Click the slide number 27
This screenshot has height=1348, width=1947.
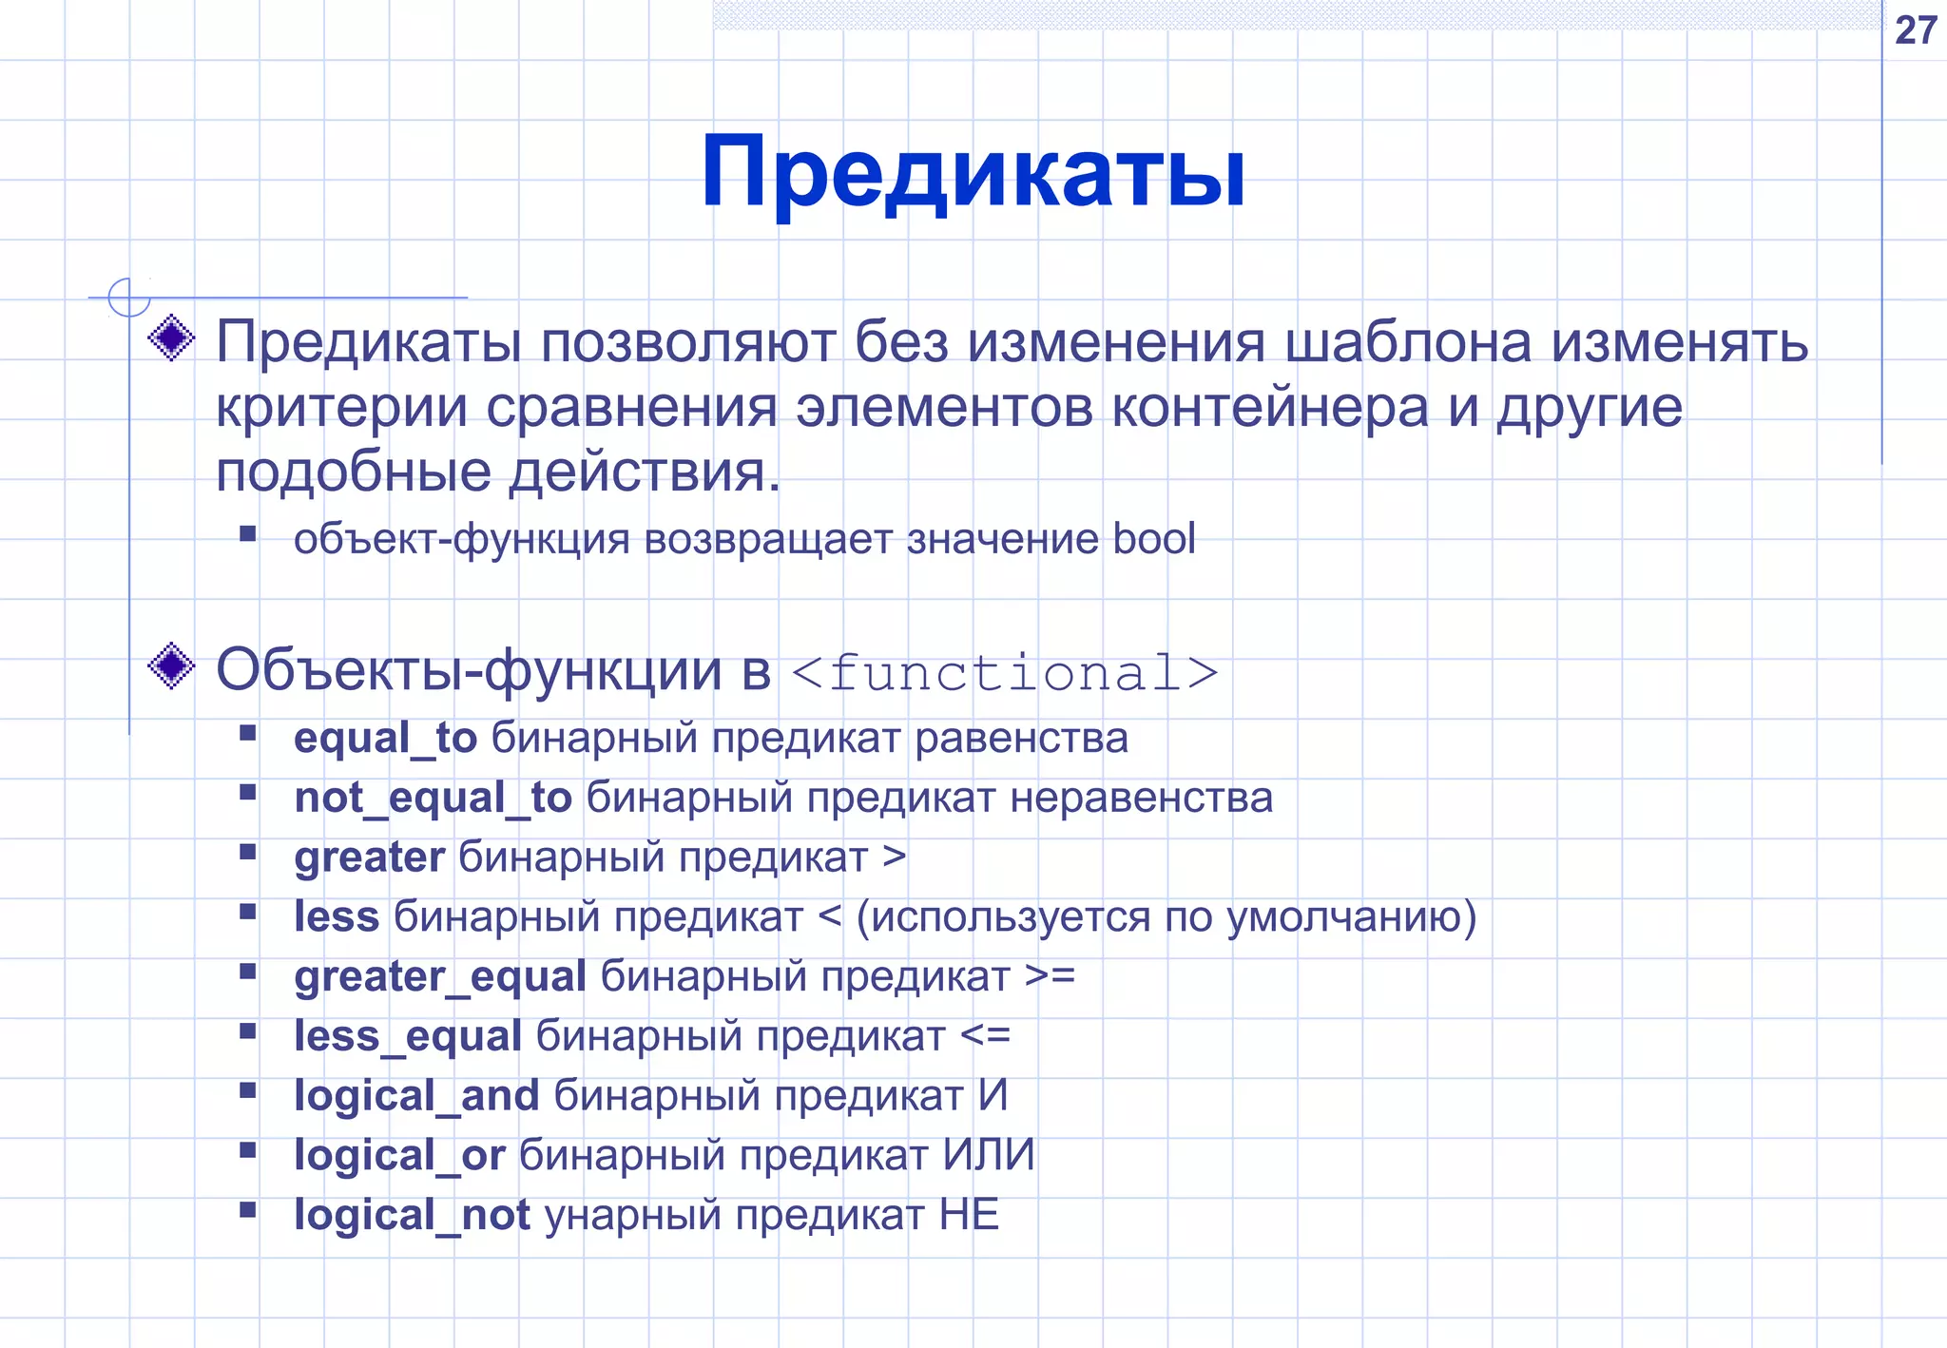click(x=1915, y=30)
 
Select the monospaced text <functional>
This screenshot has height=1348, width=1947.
click(x=1004, y=673)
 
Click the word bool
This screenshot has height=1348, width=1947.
click(x=1153, y=539)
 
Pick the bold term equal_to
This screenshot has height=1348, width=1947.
click(x=385, y=739)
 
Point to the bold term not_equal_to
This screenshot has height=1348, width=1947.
click(x=433, y=799)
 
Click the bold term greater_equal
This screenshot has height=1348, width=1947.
click(x=439, y=977)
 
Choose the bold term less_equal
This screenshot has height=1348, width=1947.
click(x=407, y=1036)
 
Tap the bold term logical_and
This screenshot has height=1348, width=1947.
click(x=416, y=1096)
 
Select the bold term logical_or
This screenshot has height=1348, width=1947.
click(x=399, y=1156)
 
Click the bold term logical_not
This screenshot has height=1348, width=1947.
click(x=412, y=1216)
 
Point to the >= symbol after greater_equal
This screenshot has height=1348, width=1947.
click(x=1050, y=976)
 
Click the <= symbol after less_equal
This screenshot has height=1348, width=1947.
click(x=985, y=1036)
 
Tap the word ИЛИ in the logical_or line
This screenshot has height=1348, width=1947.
click(x=988, y=1156)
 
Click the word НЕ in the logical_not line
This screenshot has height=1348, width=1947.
click(x=969, y=1216)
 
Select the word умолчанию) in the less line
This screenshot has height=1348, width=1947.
click(x=1351, y=917)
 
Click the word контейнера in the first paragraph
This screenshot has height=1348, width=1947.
click(x=1270, y=408)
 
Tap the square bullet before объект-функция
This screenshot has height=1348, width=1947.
click(x=248, y=533)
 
